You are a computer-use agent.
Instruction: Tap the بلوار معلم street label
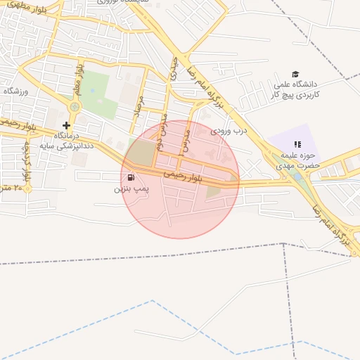79,79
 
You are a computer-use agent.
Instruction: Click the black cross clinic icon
67,125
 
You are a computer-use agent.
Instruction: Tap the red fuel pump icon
131,177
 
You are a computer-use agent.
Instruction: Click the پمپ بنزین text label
131,189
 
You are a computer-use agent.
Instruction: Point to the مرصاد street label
139,107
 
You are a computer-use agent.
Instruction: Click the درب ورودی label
233,129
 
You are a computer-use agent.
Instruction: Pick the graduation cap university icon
295,74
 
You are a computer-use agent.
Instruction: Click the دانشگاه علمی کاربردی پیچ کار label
296,89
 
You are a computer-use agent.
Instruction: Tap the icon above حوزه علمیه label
296,144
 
